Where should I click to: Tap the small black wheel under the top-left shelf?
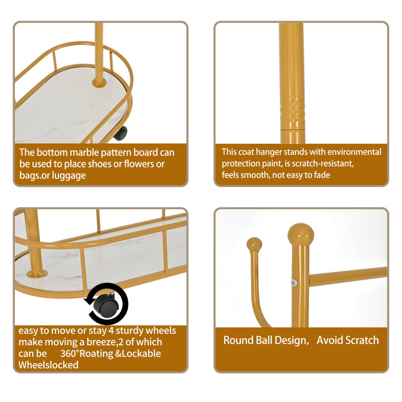pyautogui.click(x=121, y=134)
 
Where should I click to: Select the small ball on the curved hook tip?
pyautogui.click(x=255, y=245)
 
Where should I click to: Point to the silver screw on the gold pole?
pyautogui.click(x=294, y=283)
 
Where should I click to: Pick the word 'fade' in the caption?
pyautogui.click(x=320, y=175)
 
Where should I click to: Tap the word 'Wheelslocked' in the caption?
pyautogui.click(x=49, y=365)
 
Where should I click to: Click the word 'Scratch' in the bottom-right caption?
pyautogui.click(x=360, y=340)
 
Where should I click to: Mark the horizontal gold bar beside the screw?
pyautogui.click(x=347, y=276)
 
